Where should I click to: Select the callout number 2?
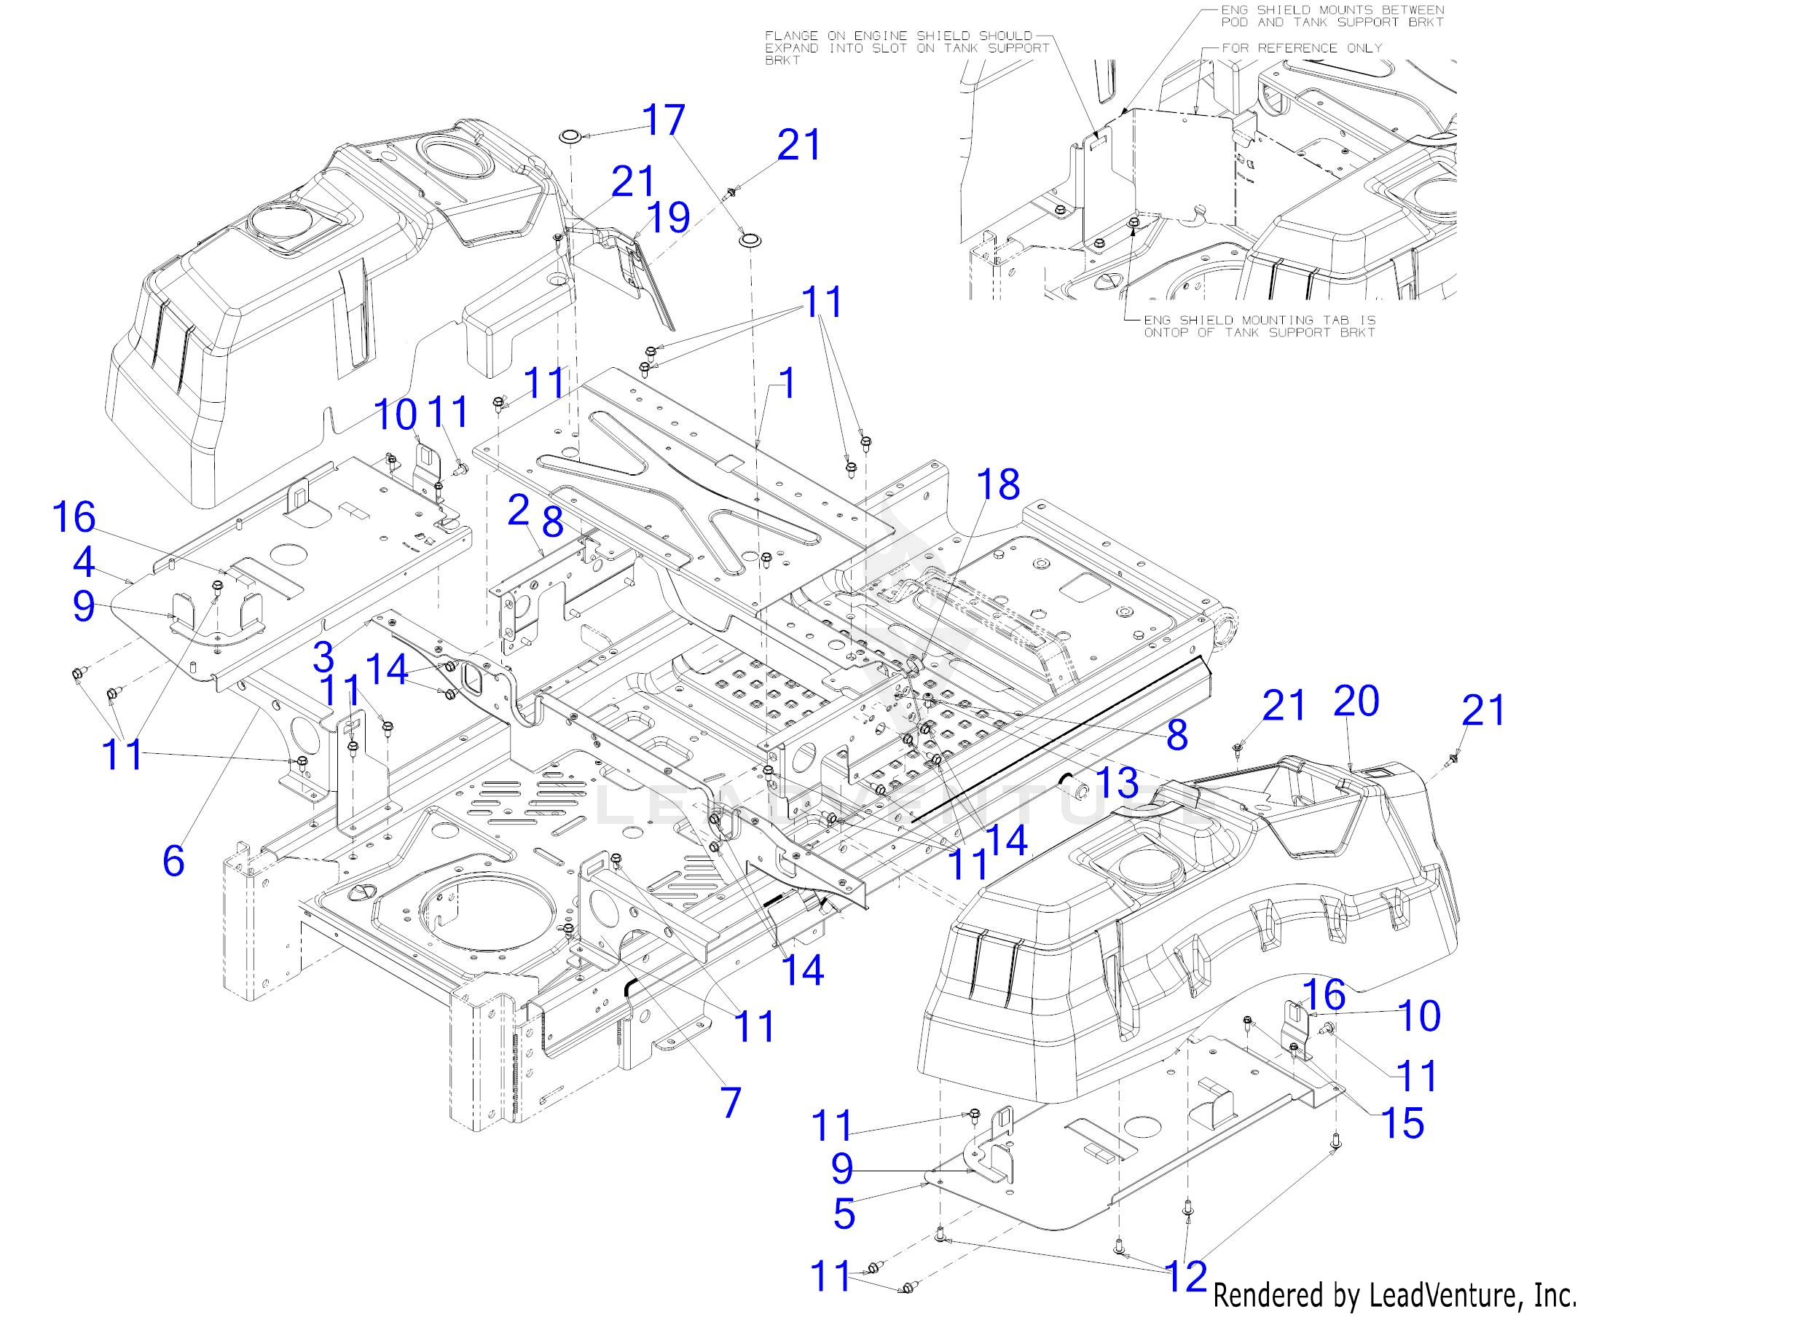click(519, 511)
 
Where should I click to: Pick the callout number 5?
click(844, 1214)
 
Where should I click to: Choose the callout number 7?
click(731, 1103)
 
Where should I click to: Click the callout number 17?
click(664, 120)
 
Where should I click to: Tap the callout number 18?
click(999, 484)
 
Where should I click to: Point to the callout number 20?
click(1356, 699)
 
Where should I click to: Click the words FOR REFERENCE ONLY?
click(1302, 48)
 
